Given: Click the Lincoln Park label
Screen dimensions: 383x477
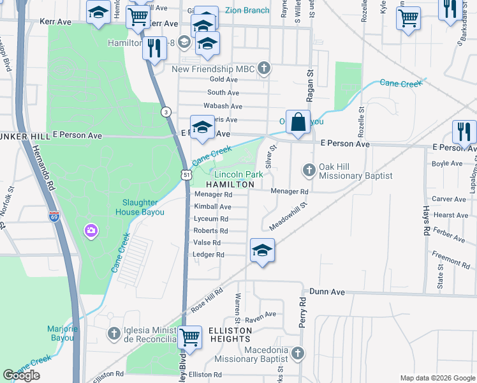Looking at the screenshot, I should point(238,174).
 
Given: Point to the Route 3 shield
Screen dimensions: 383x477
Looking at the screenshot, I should point(166,112).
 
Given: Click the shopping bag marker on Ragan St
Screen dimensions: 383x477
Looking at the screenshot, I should point(298,121).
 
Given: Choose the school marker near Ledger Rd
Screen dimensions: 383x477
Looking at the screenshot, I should point(262,251).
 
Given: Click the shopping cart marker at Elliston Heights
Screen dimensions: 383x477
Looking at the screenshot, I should point(189,337).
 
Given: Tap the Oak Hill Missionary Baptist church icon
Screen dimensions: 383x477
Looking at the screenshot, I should point(309,170).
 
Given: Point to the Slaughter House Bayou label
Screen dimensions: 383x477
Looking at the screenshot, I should point(140,208).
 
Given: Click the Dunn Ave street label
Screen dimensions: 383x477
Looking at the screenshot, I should point(327,292).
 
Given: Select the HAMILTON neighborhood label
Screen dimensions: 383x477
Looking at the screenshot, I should point(230,184).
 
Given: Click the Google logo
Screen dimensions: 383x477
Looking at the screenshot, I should point(21,375).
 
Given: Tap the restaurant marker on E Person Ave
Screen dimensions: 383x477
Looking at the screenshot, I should point(463,132).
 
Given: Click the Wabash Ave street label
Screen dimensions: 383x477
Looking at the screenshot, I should point(223,106).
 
